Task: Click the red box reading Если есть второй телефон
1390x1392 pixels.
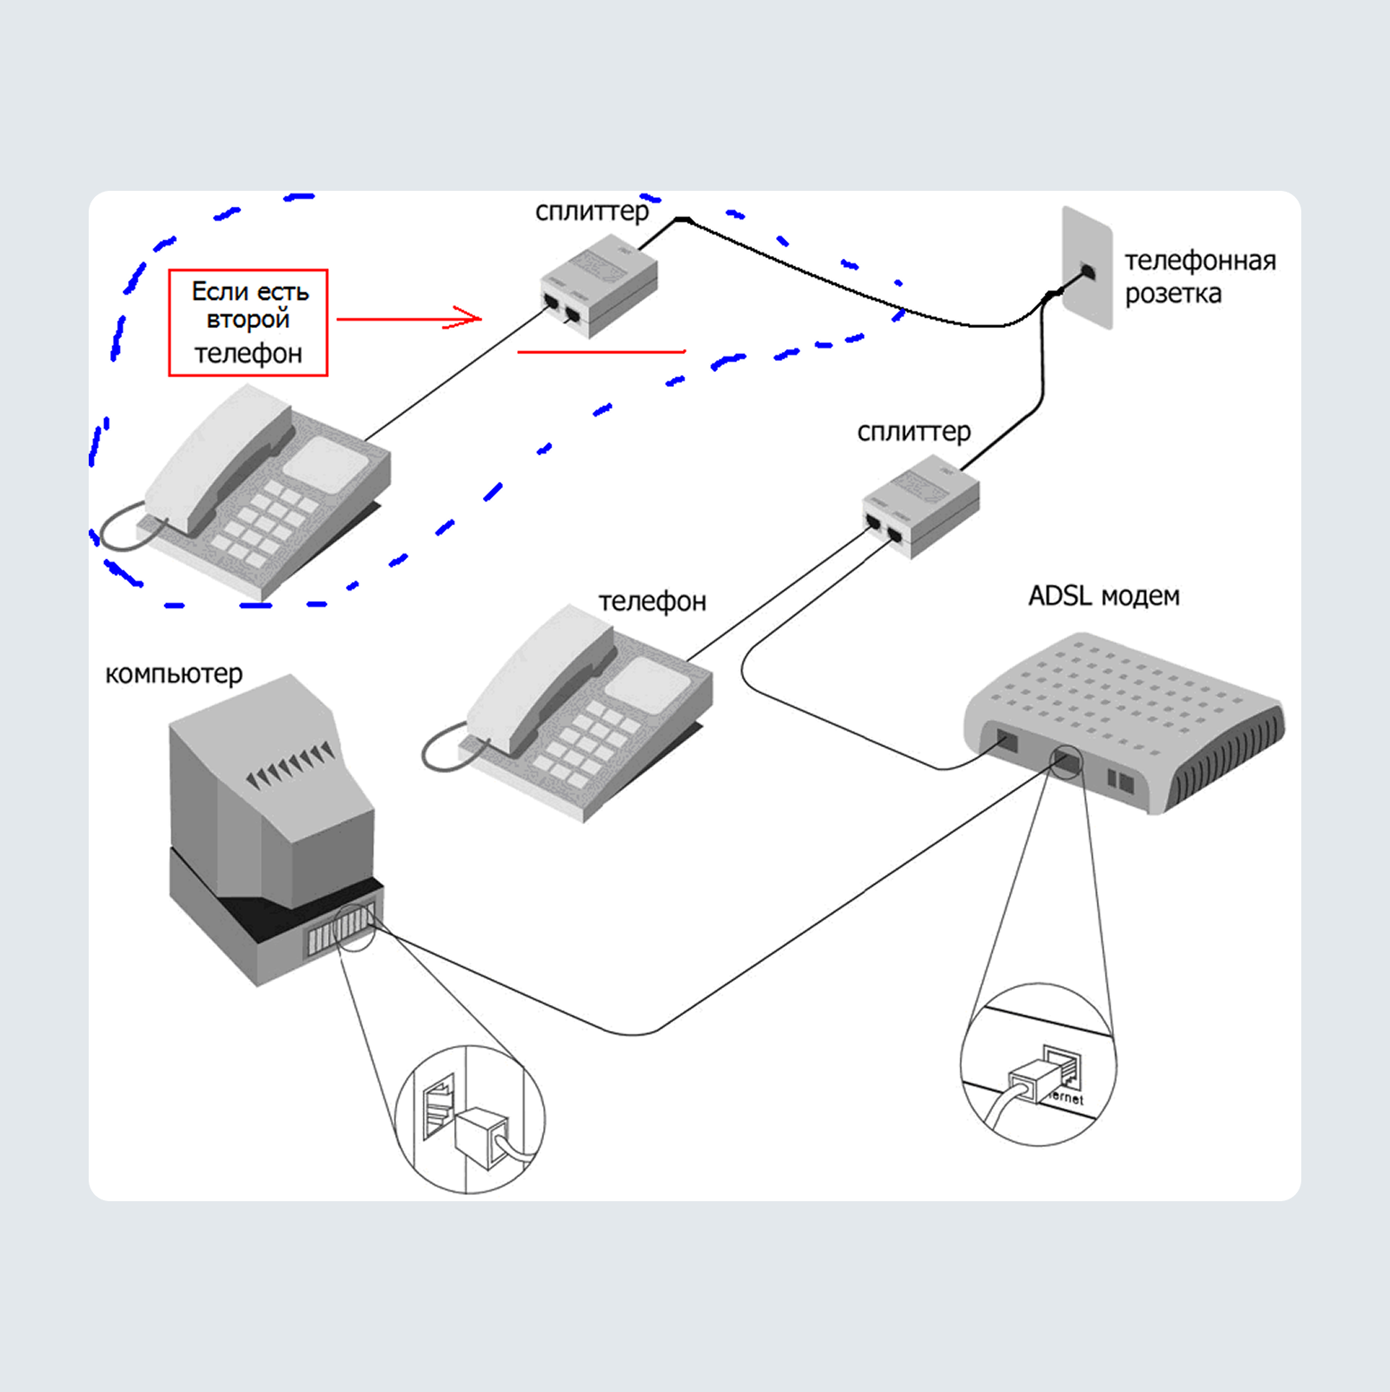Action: (x=248, y=322)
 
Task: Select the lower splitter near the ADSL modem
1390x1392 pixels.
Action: (x=920, y=505)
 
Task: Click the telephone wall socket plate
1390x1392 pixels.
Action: (x=1087, y=268)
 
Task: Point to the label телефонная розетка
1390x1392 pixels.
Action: (x=1199, y=277)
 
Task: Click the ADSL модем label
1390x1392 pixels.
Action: (x=1103, y=596)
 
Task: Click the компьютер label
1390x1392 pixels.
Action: (x=174, y=674)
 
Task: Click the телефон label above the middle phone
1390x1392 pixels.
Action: (x=652, y=601)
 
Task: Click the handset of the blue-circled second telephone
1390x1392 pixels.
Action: (x=220, y=457)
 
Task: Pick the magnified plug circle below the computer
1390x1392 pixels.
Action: (x=470, y=1119)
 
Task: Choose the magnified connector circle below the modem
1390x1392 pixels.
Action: (x=1038, y=1064)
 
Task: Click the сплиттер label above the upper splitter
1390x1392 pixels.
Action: (x=591, y=211)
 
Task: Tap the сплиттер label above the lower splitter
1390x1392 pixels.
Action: (x=913, y=432)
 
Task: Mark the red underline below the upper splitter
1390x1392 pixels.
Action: (x=601, y=352)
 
